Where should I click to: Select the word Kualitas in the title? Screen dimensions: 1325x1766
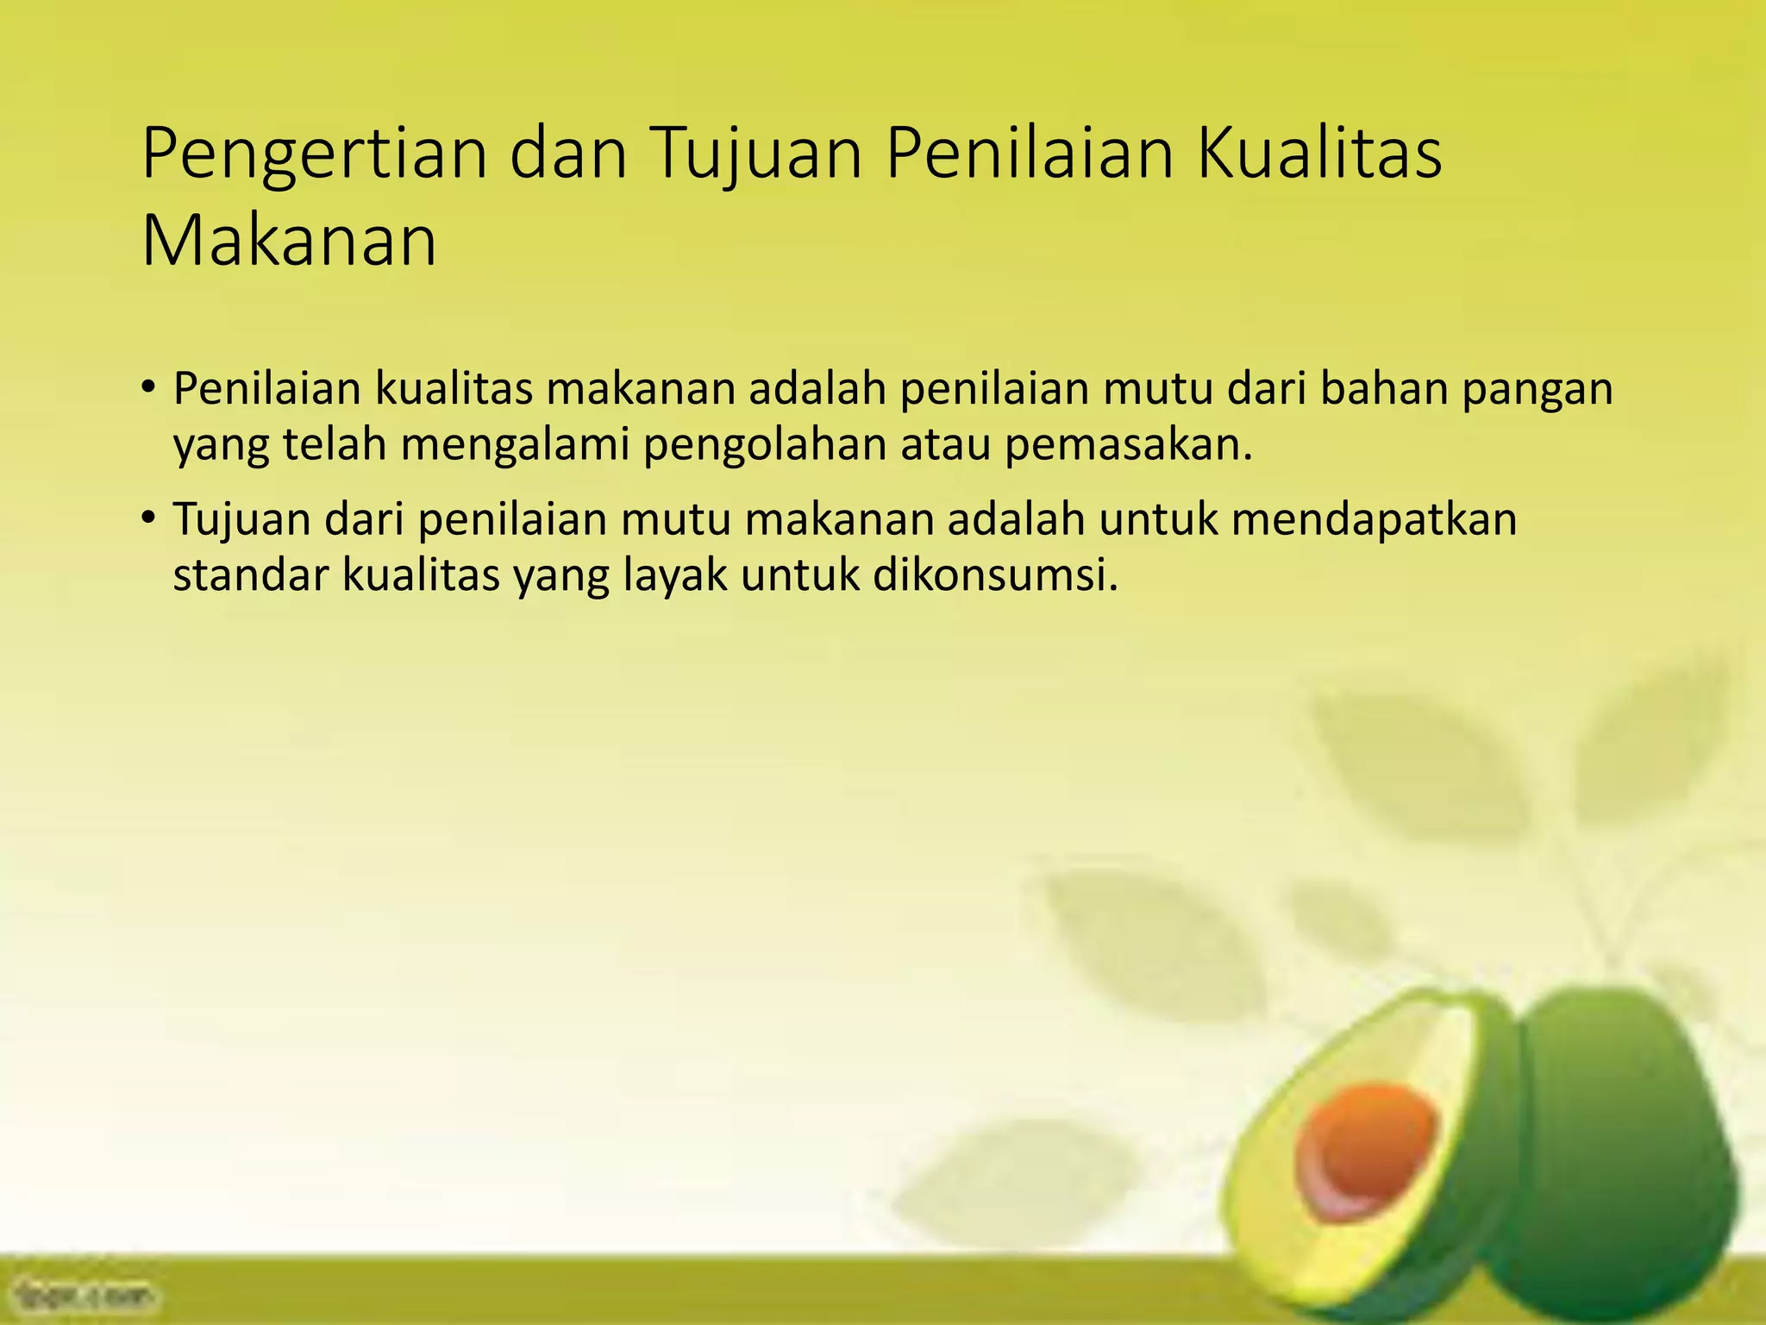coord(1318,154)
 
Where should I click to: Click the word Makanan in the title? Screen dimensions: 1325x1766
coord(289,242)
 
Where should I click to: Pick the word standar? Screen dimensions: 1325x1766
coord(249,575)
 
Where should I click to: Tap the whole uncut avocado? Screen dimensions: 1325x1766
coord(1621,1147)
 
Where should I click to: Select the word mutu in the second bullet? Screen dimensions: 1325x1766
coord(669,519)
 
